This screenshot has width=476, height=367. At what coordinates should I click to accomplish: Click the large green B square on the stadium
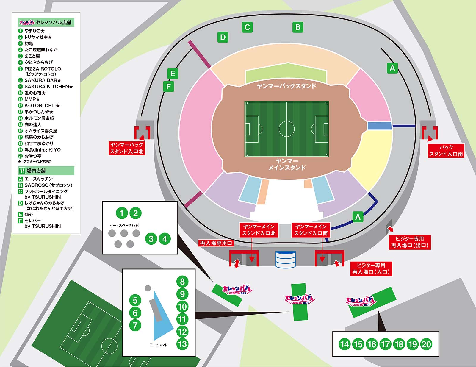point(298,27)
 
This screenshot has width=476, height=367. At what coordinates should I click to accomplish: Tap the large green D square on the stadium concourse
point(223,37)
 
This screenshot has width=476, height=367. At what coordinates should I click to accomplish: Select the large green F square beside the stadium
point(168,86)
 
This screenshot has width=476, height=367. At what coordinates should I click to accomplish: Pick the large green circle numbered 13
point(182,344)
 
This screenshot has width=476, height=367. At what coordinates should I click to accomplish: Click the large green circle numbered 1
point(122,213)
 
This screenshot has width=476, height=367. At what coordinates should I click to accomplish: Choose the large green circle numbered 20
point(426,344)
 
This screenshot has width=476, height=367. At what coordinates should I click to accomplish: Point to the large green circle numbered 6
point(135,313)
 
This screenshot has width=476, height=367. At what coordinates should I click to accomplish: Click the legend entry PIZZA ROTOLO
point(43,69)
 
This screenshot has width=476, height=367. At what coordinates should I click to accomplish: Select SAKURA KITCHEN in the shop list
point(47,87)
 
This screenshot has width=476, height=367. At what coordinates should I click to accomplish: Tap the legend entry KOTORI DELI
point(40,106)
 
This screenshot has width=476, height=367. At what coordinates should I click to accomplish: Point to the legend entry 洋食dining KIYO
point(43,150)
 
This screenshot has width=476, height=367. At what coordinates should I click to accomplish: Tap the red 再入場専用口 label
point(216,243)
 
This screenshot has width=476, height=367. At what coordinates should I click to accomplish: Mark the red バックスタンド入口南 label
point(446,151)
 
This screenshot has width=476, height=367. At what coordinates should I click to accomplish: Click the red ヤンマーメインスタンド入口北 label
point(259,230)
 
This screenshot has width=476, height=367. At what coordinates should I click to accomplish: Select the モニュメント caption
point(158,345)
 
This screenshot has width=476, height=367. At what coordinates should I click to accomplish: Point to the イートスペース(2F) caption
point(125,225)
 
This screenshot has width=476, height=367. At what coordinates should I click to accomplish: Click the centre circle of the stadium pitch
point(286,129)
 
